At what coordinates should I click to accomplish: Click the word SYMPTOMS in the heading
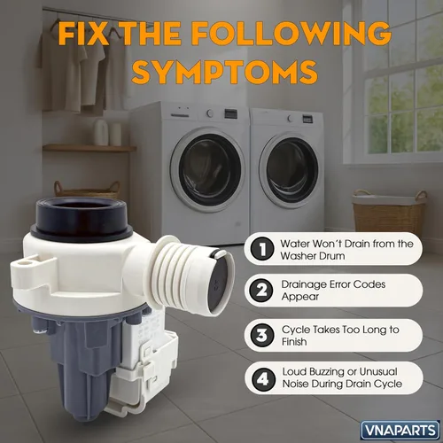pos(225,72)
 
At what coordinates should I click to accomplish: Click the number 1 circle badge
pos(262,249)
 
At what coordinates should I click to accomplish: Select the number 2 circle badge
pos(261,291)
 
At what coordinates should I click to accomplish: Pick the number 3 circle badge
pos(262,335)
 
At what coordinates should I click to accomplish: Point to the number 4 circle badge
pos(262,379)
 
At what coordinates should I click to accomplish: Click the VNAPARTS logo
pos(400,430)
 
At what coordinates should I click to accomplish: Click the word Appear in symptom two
pos(300,297)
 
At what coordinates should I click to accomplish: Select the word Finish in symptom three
pos(294,342)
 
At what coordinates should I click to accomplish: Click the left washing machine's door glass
pos(208,169)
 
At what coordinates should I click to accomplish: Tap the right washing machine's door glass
pos(290,170)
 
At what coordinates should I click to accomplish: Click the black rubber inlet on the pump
pos(82,219)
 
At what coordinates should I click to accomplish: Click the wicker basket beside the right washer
pos(390,211)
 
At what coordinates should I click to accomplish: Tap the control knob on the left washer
pos(210,113)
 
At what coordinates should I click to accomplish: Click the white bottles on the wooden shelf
pos(107,133)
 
